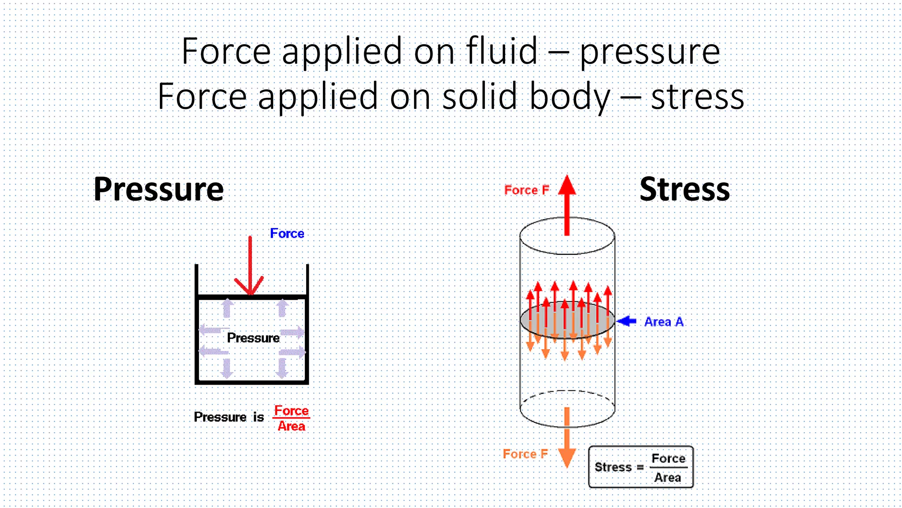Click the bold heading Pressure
(x=159, y=189)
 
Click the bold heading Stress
(x=684, y=189)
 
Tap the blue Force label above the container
(x=287, y=233)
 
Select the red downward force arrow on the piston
(x=250, y=265)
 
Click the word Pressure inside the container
(x=253, y=338)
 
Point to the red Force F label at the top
(x=527, y=190)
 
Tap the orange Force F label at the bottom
(x=525, y=454)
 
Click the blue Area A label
(x=664, y=322)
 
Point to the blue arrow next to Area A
(x=627, y=321)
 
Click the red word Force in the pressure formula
(x=291, y=411)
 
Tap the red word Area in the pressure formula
(x=291, y=426)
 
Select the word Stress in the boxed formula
(x=613, y=467)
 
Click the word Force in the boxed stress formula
(x=668, y=459)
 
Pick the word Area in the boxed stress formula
(x=668, y=478)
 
